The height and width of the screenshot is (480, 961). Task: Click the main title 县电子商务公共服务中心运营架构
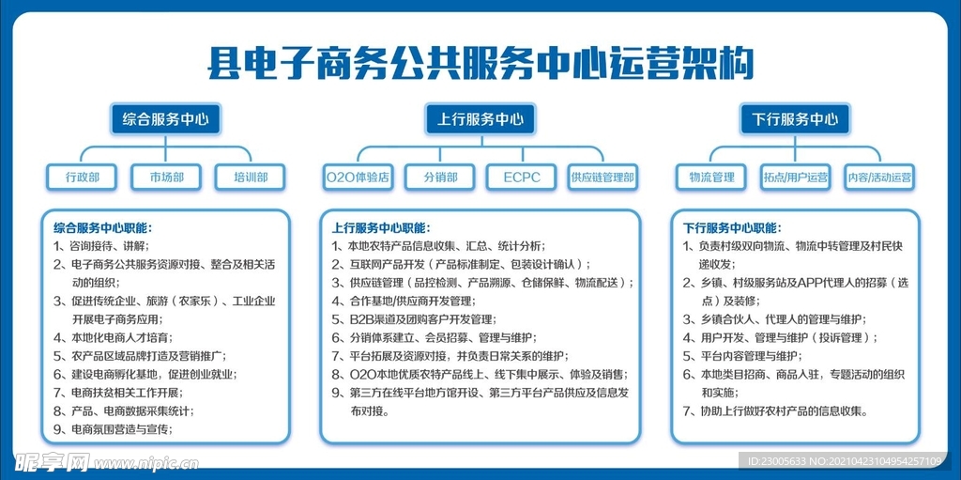tap(480, 63)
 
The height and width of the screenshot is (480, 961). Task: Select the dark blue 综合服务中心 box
tap(165, 119)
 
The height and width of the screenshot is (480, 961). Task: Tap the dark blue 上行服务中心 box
tap(480, 119)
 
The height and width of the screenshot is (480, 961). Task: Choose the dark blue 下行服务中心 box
tap(795, 119)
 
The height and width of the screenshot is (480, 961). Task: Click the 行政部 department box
tap(82, 177)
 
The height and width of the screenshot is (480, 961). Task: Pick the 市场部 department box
tap(165, 177)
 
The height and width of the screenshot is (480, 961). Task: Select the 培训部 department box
tap(250, 177)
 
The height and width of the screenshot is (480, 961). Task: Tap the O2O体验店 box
tap(357, 177)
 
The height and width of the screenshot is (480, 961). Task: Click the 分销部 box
tap(440, 177)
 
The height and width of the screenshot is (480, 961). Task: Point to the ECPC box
tap(522, 177)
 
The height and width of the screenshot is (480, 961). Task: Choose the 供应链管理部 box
tap(603, 177)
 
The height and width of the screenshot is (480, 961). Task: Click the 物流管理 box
tap(711, 177)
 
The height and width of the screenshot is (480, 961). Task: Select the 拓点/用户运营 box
tap(796, 177)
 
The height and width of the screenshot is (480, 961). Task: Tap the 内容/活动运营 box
tap(879, 177)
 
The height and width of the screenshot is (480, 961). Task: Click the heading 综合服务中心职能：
tap(102, 227)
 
